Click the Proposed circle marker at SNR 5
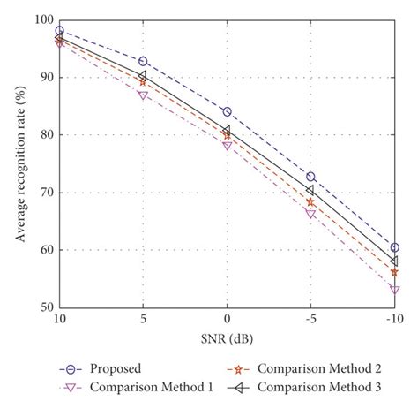143,62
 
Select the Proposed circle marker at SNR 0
227,112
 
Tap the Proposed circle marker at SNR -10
394,248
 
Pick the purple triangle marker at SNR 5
143,95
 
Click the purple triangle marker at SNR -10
394,289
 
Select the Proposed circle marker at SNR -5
310,177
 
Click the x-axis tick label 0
227,319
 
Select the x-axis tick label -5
310,319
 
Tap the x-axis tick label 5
143,319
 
